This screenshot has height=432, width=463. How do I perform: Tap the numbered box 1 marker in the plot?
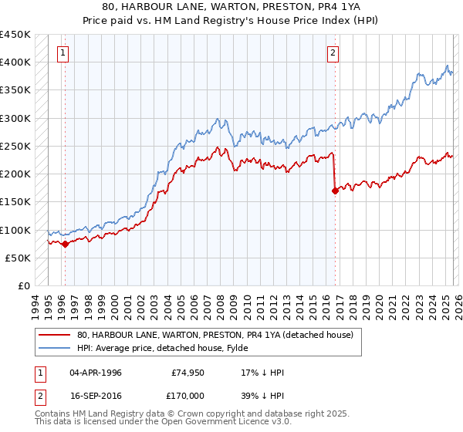[x=63, y=53]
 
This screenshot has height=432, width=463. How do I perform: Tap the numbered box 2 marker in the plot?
[x=333, y=53]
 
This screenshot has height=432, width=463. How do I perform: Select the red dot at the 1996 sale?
[x=65, y=244]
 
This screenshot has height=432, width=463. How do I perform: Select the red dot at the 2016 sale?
[x=335, y=191]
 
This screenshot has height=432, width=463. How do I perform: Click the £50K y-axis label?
[x=19, y=258]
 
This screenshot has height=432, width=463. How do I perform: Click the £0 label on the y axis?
[x=25, y=285]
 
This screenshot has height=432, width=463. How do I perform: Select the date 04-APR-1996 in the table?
[x=96, y=373]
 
